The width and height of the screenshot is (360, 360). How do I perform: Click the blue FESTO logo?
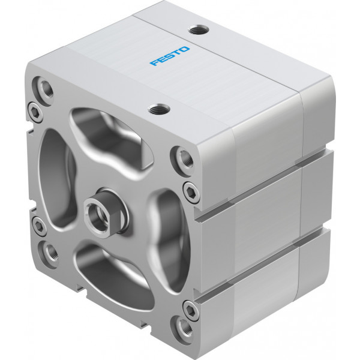[x=170, y=56]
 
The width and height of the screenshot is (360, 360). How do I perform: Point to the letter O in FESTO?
[x=184, y=49]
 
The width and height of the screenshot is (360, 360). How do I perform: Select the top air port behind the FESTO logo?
[x=199, y=30]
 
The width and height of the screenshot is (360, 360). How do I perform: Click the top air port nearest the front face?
[x=159, y=109]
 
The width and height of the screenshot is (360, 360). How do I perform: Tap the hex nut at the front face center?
[x=106, y=213]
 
